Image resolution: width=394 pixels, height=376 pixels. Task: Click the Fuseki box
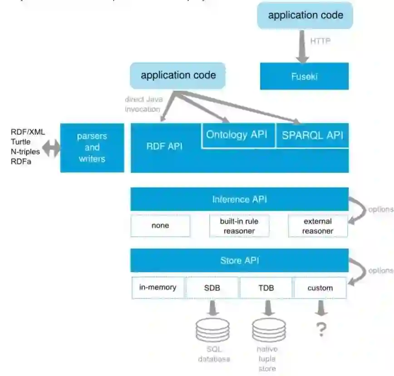click(304, 76)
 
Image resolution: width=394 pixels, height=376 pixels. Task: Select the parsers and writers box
click(92, 147)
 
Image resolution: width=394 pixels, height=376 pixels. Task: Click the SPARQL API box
click(312, 135)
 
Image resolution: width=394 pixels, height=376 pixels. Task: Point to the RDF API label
click(164, 146)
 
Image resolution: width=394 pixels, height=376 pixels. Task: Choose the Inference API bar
click(239, 199)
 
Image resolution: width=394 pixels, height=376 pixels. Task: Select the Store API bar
click(239, 261)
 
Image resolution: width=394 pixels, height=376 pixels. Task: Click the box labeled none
click(160, 225)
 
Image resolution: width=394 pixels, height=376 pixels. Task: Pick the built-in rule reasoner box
click(239, 225)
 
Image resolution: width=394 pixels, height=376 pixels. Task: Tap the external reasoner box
click(318, 226)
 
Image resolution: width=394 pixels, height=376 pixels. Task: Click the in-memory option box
click(158, 287)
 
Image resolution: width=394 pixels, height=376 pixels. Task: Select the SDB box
click(212, 288)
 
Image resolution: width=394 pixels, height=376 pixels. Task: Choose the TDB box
click(266, 288)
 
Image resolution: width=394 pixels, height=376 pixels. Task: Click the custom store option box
click(320, 288)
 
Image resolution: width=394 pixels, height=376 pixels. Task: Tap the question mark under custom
click(321, 329)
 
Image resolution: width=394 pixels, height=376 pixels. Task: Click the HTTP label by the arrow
click(320, 41)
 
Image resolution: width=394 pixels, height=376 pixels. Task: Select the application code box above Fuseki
click(305, 15)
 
